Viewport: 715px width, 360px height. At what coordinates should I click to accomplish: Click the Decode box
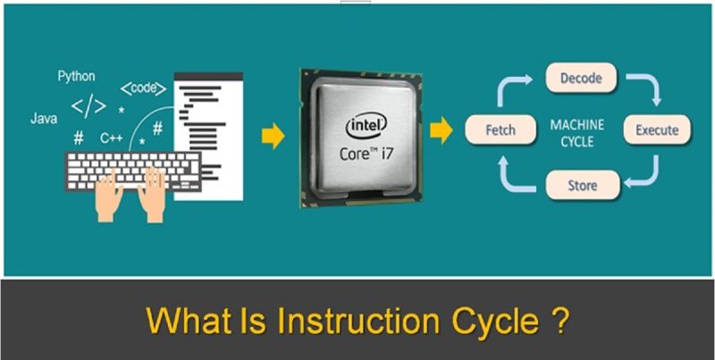(x=581, y=79)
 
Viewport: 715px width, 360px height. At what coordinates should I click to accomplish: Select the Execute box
(x=657, y=130)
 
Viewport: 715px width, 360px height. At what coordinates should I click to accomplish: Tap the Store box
(x=582, y=186)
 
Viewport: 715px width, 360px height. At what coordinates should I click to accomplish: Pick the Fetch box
(x=500, y=130)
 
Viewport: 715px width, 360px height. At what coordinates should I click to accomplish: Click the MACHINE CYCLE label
(x=576, y=132)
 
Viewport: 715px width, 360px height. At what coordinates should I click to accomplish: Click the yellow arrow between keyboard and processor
(x=272, y=136)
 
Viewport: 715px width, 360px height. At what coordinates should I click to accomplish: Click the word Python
(x=77, y=76)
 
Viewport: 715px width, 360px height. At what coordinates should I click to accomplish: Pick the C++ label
(x=111, y=138)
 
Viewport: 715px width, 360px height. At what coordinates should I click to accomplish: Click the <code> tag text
(x=141, y=88)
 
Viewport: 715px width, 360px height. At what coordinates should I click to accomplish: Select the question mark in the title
(x=557, y=320)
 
